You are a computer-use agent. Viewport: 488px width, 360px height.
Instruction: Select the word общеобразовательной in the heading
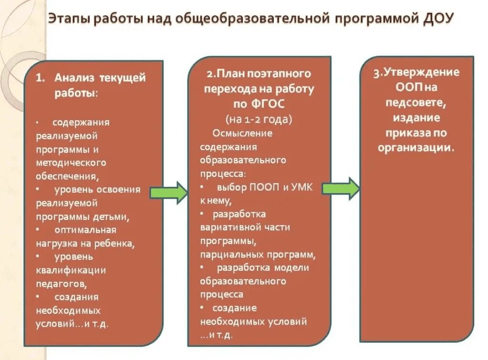[x=252, y=19]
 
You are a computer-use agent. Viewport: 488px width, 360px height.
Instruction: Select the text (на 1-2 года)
[x=259, y=119]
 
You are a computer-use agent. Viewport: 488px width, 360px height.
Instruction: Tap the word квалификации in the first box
[x=71, y=270]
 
